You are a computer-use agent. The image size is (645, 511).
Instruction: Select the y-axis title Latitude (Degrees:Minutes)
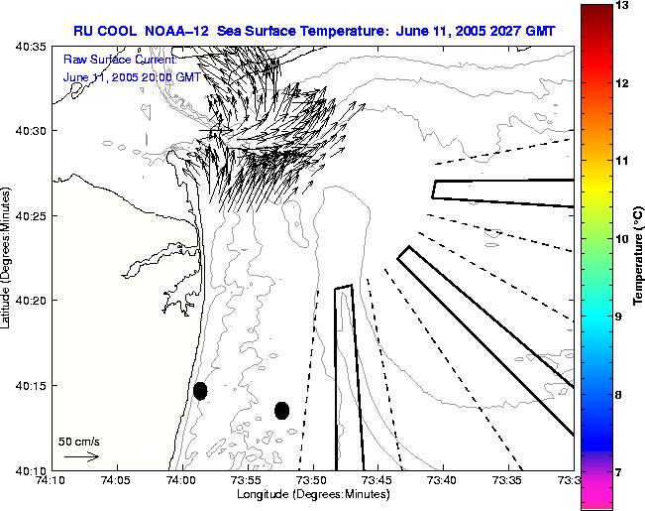[8, 257]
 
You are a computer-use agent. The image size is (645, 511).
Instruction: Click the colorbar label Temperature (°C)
[639, 257]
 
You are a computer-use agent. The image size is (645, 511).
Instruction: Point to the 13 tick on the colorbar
[621, 6]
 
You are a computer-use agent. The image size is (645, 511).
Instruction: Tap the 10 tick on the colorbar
[621, 239]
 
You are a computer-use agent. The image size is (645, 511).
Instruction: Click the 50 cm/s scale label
[79, 441]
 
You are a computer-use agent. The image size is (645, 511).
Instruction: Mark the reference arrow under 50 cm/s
[81, 456]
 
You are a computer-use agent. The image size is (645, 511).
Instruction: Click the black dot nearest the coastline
[200, 391]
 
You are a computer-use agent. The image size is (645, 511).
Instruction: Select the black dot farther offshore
[281, 410]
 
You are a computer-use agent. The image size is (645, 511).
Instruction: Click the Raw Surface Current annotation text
[120, 60]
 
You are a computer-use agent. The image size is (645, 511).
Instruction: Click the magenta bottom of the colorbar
[594, 496]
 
